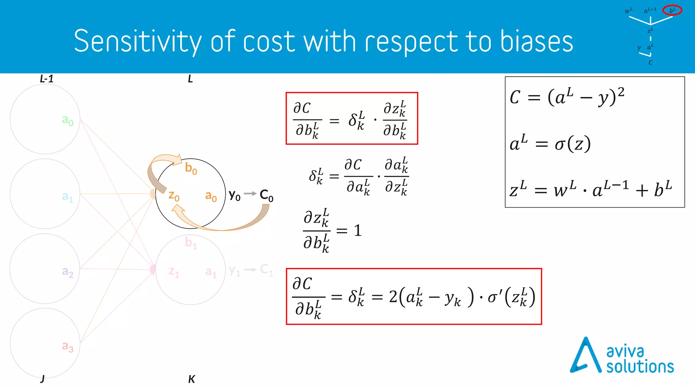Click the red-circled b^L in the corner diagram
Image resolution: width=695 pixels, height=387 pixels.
[672, 11]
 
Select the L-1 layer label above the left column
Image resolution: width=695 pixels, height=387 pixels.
[46, 79]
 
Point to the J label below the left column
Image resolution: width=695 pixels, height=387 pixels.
[42, 379]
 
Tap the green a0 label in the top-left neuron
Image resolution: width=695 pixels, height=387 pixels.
[68, 120]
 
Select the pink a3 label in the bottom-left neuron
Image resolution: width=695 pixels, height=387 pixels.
[68, 346]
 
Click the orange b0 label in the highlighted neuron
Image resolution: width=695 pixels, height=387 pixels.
[191, 168]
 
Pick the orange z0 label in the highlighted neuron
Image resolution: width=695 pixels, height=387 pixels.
[174, 196]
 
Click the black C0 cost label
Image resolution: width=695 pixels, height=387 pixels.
[266, 195]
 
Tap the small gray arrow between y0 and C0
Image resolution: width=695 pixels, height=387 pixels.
[250, 193]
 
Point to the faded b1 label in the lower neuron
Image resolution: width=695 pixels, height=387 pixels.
[191, 243]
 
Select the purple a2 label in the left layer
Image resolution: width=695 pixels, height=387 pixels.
[68, 272]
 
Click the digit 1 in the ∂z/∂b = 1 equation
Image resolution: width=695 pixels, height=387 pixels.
[358, 231]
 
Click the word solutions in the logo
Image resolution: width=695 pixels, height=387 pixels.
[640, 367]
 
